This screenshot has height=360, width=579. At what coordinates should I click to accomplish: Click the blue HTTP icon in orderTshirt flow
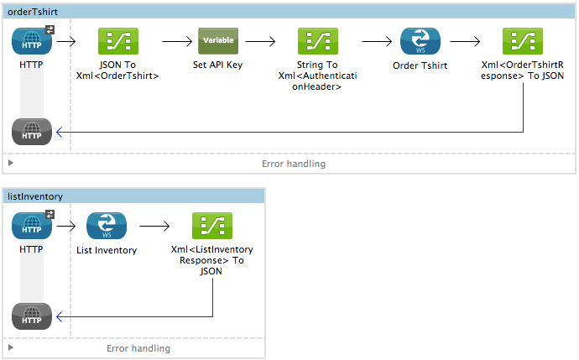[x=32, y=40]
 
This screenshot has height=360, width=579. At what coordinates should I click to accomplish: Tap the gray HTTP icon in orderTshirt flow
[x=32, y=133]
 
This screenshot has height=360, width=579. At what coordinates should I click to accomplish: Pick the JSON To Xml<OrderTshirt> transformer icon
[x=118, y=40]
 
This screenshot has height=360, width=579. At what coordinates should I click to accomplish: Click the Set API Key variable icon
[x=218, y=40]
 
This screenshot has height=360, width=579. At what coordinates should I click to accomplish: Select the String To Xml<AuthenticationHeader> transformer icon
[x=317, y=40]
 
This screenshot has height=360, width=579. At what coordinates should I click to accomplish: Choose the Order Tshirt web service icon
[x=420, y=40]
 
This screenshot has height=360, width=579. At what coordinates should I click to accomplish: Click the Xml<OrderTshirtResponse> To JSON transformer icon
[x=522, y=40]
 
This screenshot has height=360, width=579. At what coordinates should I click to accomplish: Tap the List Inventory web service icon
[x=107, y=225]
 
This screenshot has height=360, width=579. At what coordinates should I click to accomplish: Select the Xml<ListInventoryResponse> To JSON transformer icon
[x=212, y=225]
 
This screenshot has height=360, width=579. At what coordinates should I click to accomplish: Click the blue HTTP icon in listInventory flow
[x=32, y=225]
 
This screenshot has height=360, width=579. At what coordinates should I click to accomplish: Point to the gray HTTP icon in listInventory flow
[x=32, y=316]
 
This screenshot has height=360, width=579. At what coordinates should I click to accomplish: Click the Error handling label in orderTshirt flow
[x=293, y=164]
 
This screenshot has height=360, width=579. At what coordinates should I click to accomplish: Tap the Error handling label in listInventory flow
[x=138, y=348]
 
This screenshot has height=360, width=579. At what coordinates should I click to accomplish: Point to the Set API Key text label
[x=217, y=65]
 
